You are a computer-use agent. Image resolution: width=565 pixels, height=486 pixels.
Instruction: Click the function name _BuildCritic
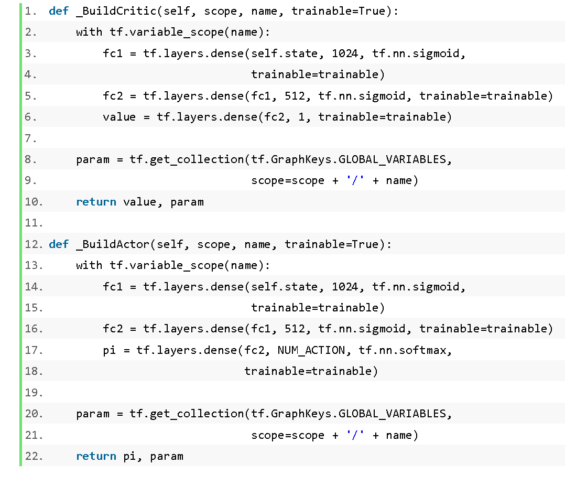pos(116,11)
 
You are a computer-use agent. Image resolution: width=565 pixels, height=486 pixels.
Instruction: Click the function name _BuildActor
pos(113,244)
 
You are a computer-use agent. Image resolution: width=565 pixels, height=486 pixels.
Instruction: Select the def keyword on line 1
pos(58,11)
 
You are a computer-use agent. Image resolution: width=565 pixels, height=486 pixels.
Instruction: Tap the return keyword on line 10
pos(96,202)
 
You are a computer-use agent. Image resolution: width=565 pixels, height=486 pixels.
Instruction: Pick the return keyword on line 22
pos(96,457)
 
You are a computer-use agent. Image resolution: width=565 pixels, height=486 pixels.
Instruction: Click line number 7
pos(30,138)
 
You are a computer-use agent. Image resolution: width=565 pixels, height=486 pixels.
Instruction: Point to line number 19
pos(34,393)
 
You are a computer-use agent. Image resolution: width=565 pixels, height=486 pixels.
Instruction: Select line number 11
pos(34,223)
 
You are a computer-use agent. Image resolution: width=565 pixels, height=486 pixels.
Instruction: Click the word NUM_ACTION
pos(311,350)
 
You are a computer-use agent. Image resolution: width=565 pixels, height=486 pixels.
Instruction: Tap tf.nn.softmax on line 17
pos(403,350)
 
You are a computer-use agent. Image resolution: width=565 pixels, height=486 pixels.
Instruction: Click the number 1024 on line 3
pos(345,53)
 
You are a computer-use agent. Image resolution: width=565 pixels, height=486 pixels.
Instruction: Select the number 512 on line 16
pos(295,329)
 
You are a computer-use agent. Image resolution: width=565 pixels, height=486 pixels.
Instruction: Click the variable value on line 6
pos(119,117)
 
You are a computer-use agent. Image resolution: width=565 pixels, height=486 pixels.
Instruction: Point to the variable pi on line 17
pos(110,351)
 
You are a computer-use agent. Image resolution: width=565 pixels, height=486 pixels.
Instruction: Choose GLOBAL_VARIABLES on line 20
pos(393,414)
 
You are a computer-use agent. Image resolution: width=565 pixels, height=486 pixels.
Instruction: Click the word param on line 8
pos(93,160)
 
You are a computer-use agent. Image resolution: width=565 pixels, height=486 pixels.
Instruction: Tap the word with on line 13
pos(89,265)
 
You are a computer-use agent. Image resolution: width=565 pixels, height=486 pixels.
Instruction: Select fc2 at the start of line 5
pos(113,96)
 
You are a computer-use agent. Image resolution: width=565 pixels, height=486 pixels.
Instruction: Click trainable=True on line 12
pos(331,244)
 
